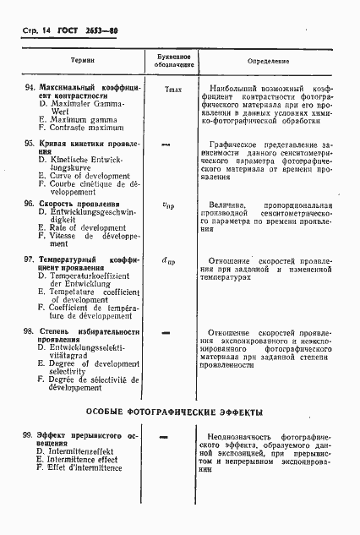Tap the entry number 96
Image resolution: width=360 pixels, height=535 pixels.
(x=29, y=205)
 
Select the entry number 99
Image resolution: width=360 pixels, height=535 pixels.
(x=29, y=435)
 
